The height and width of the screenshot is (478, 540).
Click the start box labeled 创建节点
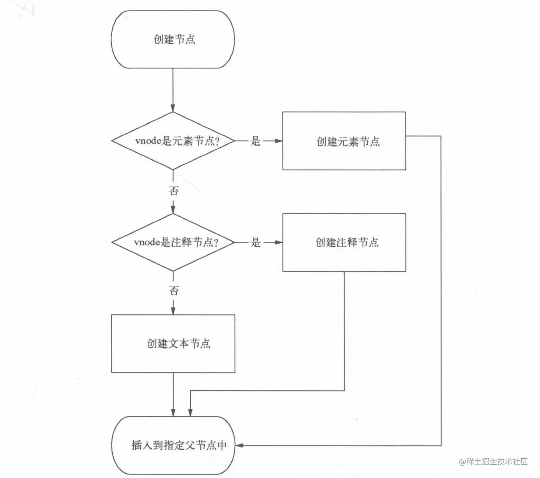point(173,39)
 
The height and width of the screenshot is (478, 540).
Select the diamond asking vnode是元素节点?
point(173,141)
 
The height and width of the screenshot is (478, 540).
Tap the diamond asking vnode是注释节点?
point(173,242)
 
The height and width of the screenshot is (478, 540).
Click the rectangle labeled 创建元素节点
point(344,141)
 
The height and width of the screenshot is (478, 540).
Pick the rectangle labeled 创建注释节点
point(344,242)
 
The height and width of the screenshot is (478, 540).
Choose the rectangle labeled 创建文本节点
point(173,344)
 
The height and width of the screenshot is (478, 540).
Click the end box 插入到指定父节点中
point(173,445)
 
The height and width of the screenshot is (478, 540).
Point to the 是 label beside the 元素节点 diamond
point(255,141)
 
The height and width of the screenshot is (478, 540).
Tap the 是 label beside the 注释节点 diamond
point(255,242)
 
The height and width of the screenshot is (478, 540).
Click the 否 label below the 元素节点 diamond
point(174,191)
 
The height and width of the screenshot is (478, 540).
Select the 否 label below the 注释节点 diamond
point(174,291)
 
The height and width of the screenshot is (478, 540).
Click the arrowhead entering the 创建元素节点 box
point(279,141)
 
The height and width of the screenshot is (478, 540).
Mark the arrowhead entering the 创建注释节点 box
point(279,242)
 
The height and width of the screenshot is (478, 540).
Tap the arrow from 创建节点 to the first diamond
point(173,90)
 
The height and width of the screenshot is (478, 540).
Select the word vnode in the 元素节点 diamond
point(148,141)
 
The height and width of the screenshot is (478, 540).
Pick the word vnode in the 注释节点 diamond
point(147,243)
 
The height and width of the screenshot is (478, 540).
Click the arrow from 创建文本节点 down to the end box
point(173,394)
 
